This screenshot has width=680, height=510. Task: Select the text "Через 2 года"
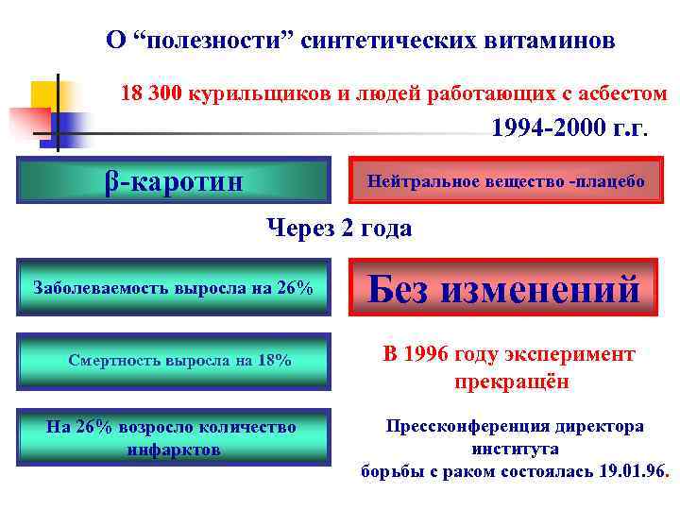click(339, 228)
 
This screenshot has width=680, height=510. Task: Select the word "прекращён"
click(510, 383)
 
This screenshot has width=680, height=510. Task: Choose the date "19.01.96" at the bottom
click(632, 470)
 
